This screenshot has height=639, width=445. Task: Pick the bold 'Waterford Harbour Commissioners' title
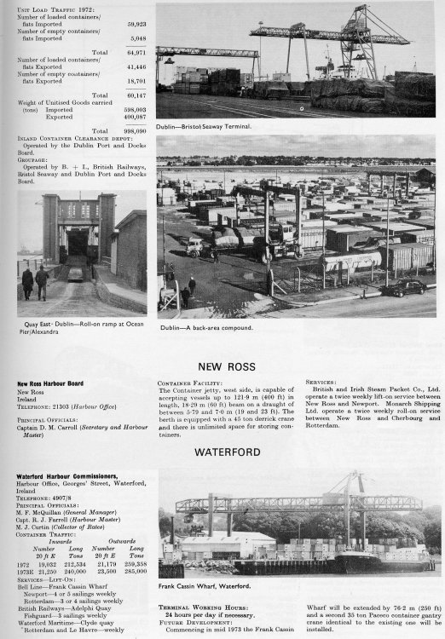(x=64, y=475)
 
